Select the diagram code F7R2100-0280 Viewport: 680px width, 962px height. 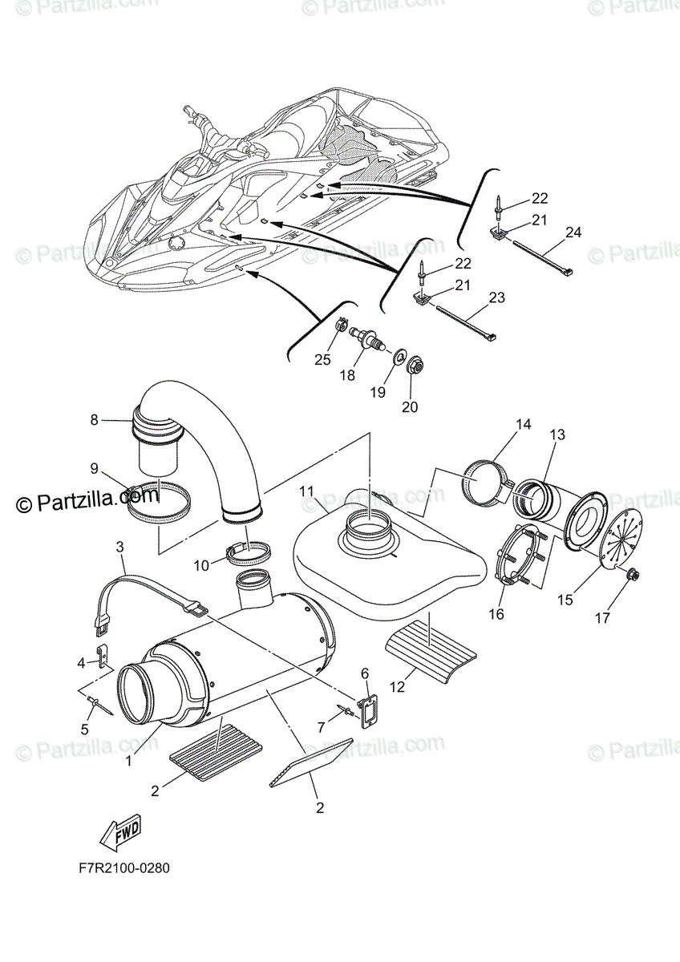click(x=124, y=868)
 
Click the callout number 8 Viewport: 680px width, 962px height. click(x=94, y=418)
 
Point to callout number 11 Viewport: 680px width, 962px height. click(x=306, y=490)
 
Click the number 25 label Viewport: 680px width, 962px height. click(x=322, y=360)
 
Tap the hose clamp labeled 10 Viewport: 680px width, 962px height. click(x=248, y=553)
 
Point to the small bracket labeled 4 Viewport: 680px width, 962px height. click(x=102, y=656)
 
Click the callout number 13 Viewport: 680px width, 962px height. click(x=557, y=435)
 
